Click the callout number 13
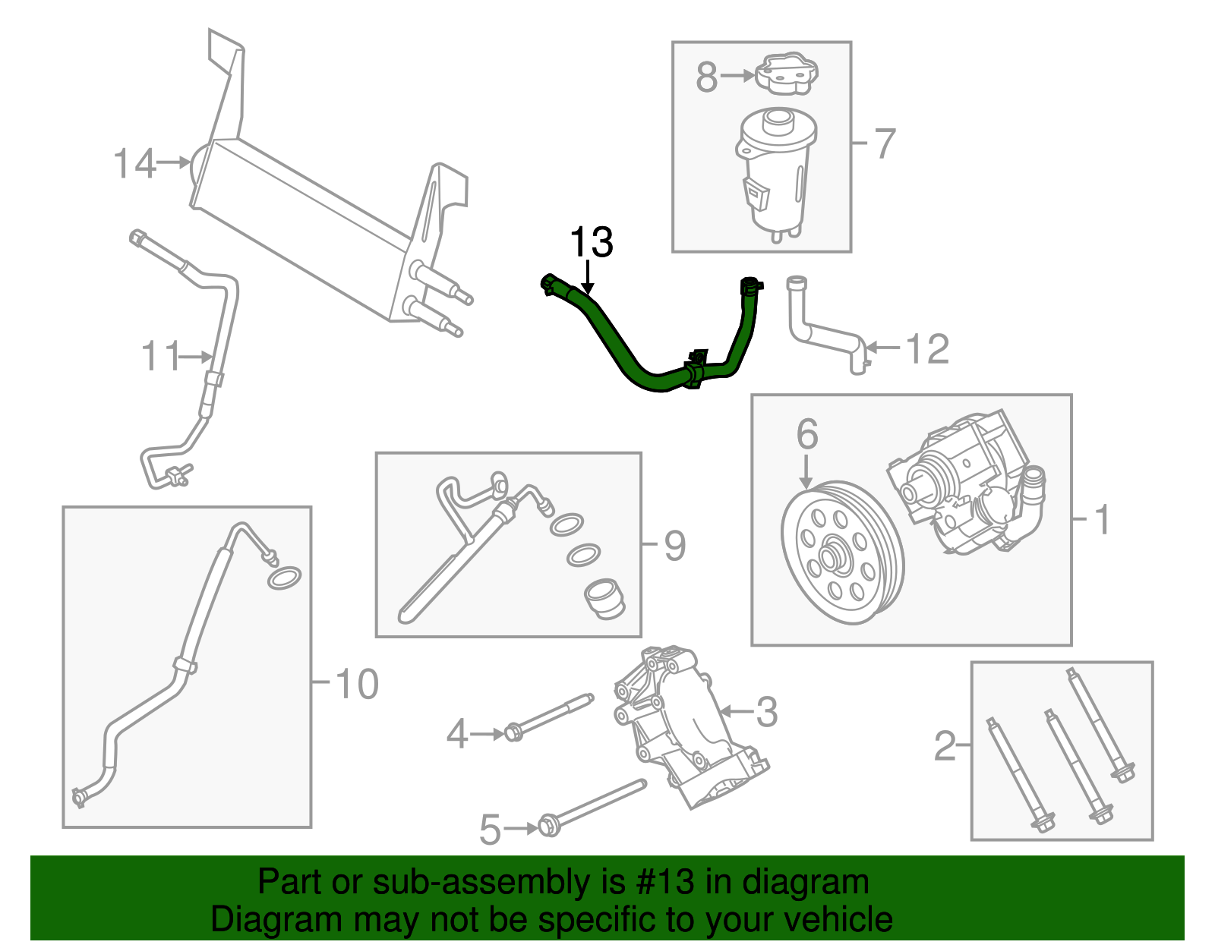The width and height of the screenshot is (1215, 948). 591,243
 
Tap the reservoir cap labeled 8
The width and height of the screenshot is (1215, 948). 787,74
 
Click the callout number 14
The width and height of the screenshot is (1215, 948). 134,164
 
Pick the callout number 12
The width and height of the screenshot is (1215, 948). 927,349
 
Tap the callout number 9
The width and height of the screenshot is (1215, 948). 674,546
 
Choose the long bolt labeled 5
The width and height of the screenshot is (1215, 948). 596,805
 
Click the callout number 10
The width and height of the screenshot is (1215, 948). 356,685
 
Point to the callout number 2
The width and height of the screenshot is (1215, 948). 945,746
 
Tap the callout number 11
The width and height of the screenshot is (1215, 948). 160,356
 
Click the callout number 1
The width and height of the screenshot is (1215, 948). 1102,521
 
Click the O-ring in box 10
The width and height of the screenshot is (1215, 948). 284,578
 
